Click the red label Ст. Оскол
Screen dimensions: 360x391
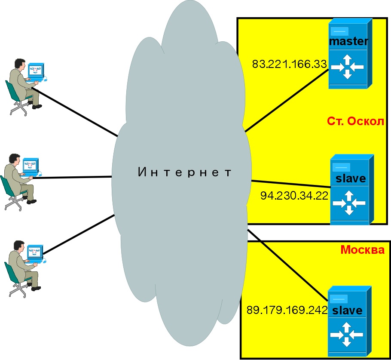(x=354, y=122)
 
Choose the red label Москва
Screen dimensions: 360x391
(x=362, y=250)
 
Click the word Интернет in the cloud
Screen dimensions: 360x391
(x=185, y=173)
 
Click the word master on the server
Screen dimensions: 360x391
(x=348, y=41)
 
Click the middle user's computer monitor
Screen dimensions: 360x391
(x=31, y=166)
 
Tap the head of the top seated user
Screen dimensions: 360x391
(x=18, y=63)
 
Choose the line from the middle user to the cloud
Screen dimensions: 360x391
(x=73, y=177)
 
